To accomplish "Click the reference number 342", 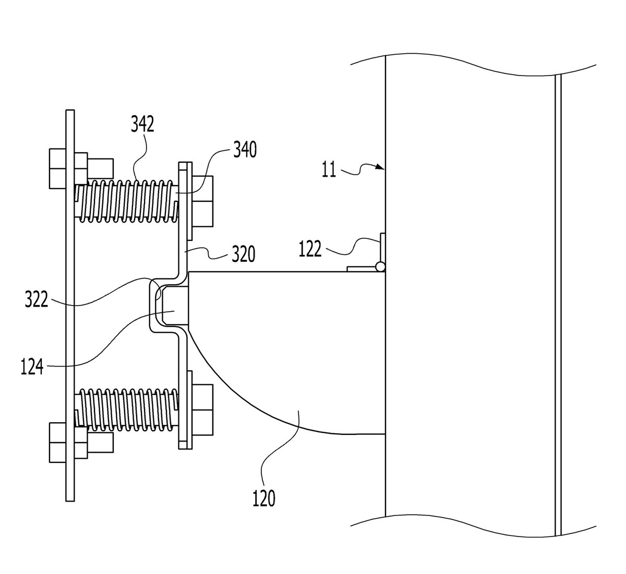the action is click(142, 124).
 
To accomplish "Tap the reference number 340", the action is click(245, 150).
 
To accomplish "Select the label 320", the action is click(244, 253).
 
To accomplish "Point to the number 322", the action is click(37, 299).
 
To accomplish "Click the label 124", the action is click(32, 366).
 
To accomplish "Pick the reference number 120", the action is click(263, 498).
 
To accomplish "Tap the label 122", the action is click(310, 249).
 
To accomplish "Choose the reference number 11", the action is click(329, 169).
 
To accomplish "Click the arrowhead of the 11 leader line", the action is click(381, 167).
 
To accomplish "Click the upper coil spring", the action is click(126, 201).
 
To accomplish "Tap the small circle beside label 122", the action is click(380, 267).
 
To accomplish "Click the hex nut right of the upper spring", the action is click(203, 201).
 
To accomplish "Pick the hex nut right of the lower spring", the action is click(203, 410).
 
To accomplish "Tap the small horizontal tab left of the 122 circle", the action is click(362, 268).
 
